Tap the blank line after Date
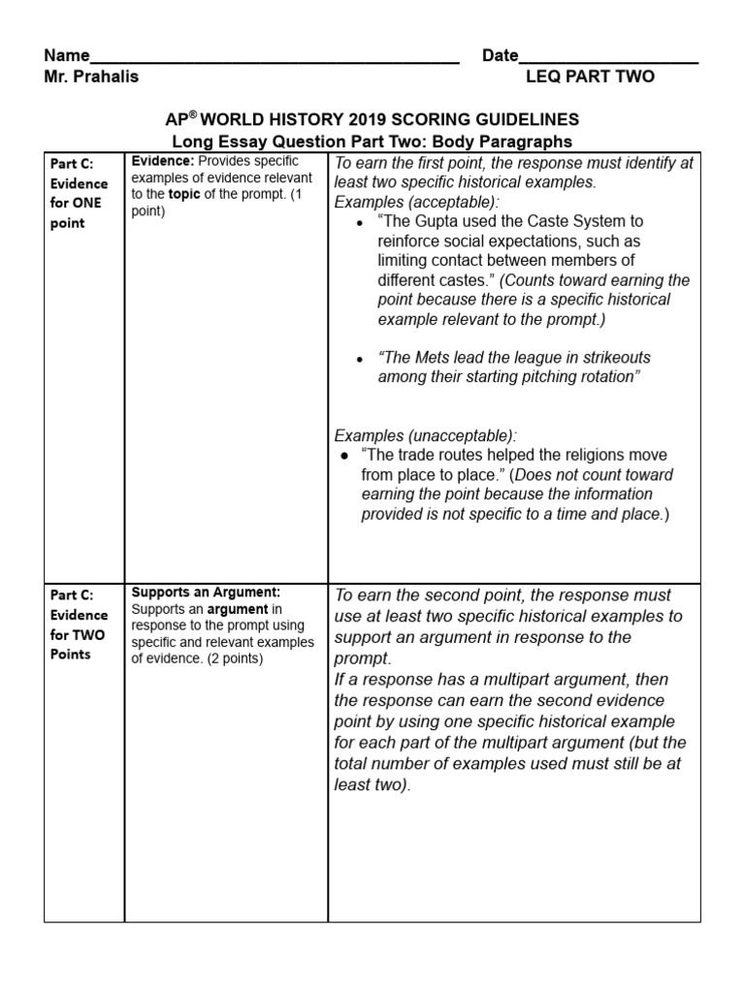608,58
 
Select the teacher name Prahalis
106,77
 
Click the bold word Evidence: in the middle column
162,161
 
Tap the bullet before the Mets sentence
360,358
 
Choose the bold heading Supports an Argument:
206,592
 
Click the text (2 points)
227,658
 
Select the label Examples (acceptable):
417,202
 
